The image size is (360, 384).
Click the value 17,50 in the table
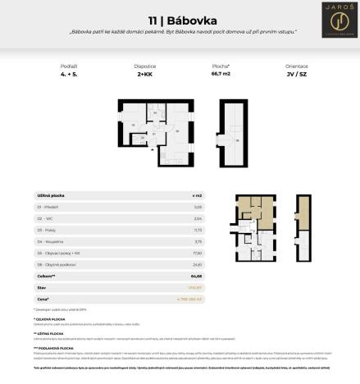click(x=197, y=254)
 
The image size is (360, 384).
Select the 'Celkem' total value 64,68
click(x=197, y=277)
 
